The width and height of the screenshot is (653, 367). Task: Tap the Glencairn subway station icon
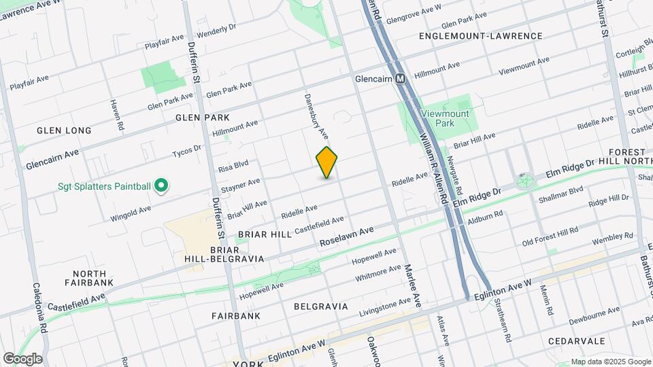click(401, 79)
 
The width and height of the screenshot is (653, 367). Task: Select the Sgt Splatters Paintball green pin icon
click(161, 185)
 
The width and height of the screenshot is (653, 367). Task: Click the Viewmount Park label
click(446, 119)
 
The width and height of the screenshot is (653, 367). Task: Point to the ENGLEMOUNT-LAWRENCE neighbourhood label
click(481, 36)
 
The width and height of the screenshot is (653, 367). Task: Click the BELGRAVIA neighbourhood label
click(320, 307)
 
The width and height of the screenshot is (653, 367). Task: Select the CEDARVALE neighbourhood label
click(577, 340)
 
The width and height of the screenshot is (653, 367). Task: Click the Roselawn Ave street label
click(347, 237)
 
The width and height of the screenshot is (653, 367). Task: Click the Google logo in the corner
click(22, 359)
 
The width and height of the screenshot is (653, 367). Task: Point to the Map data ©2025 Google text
click(610, 362)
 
